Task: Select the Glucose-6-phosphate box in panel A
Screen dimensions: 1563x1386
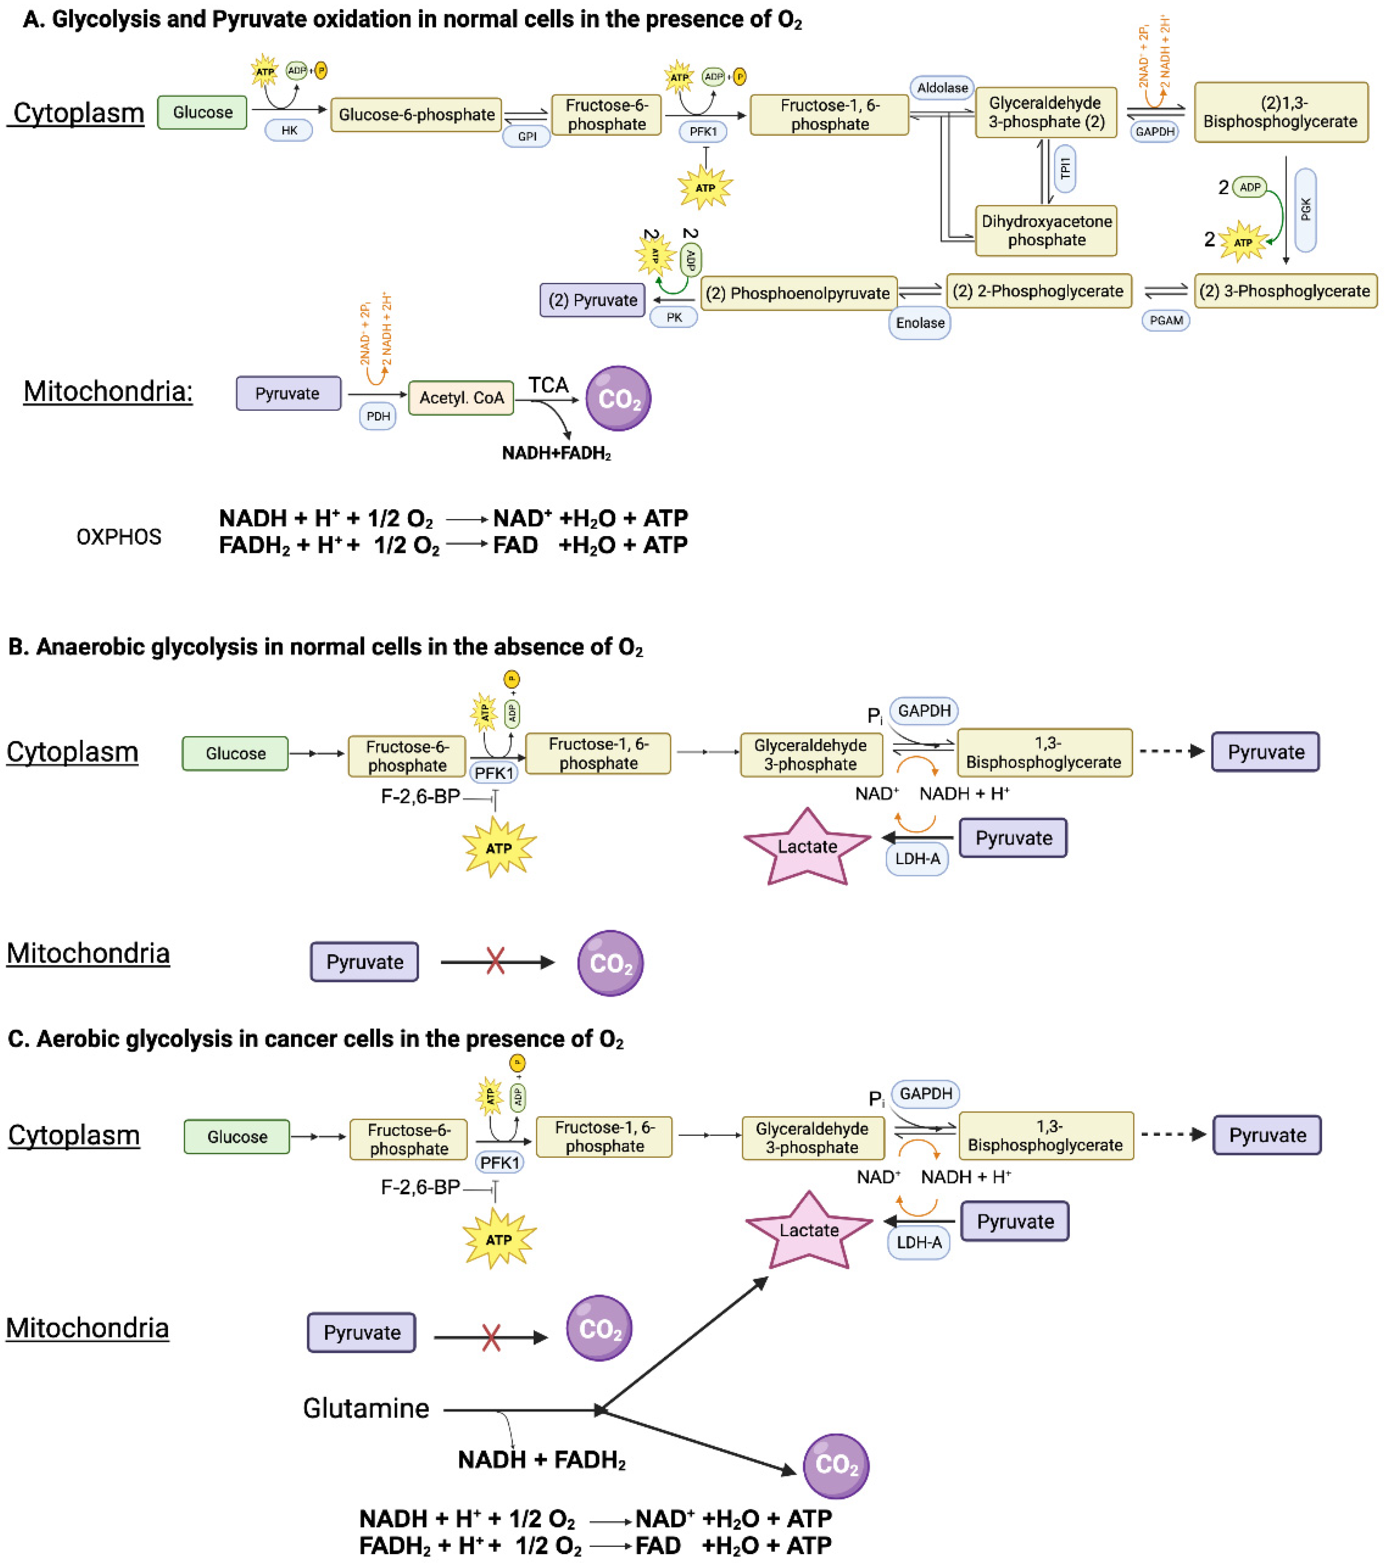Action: coord(416,115)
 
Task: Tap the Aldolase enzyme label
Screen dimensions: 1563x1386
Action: coord(942,88)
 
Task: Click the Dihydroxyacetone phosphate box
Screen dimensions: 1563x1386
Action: coord(1046,230)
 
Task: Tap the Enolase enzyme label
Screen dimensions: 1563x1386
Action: coord(919,323)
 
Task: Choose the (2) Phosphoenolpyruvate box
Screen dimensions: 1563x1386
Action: coord(798,293)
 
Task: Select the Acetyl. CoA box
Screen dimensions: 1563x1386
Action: coord(461,398)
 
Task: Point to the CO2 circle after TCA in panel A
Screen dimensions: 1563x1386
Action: coord(618,399)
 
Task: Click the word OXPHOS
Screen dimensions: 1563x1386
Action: coord(119,537)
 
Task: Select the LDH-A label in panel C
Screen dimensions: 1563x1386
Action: coord(918,1242)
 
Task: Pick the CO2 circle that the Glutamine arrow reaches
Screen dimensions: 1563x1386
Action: coord(835,1465)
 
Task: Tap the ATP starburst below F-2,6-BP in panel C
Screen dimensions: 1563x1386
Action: coord(499,1239)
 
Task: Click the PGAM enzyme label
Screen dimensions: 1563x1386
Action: coord(1166,320)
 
